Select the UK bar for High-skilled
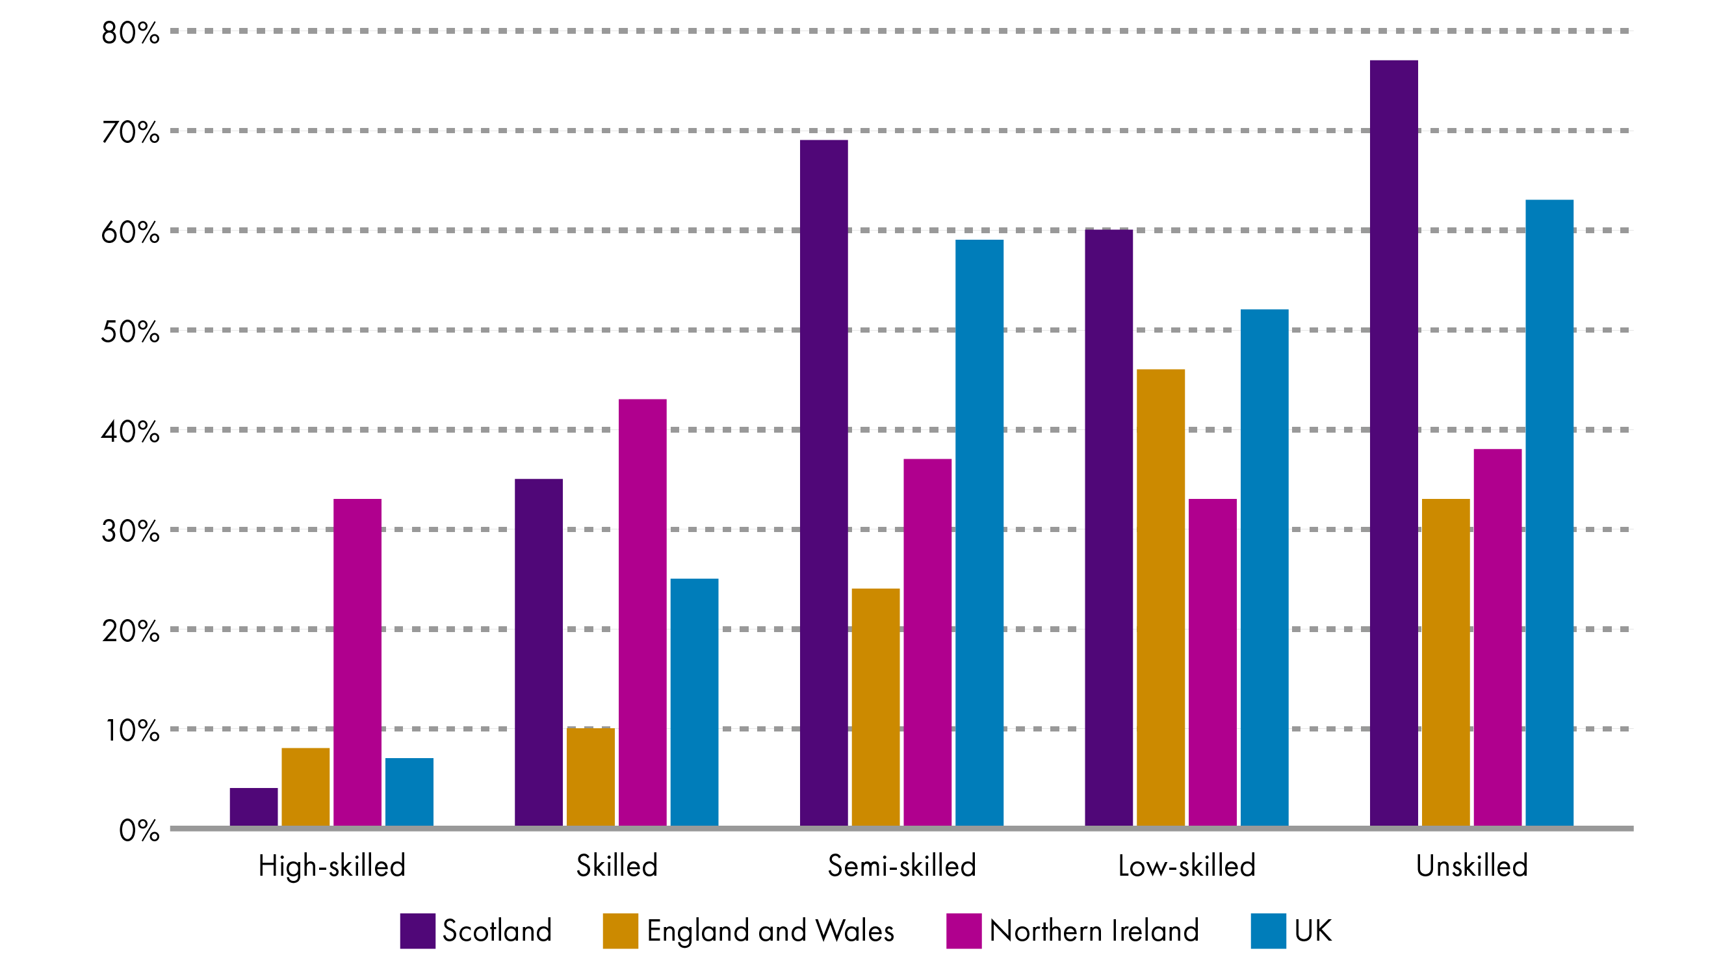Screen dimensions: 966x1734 [409, 792]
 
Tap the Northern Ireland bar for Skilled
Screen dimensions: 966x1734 [642, 612]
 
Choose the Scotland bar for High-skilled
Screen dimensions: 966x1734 [253, 807]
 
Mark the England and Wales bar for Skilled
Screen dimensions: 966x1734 [590, 777]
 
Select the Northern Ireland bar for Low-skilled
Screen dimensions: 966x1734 [1212, 662]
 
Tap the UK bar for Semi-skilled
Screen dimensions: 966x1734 [979, 532]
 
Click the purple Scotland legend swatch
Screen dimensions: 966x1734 [417, 931]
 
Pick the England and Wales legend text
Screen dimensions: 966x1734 [770, 931]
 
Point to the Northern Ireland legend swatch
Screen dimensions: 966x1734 [963, 931]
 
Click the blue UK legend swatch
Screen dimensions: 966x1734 [1268, 931]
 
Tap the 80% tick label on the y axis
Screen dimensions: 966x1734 [131, 33]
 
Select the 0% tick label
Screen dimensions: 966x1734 [138, 832]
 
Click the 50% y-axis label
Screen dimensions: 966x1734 [131, 332]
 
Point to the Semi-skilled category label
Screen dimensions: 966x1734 [901, 866]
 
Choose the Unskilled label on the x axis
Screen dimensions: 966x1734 [1471, 866]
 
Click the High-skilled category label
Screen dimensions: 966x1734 [332, 866]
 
